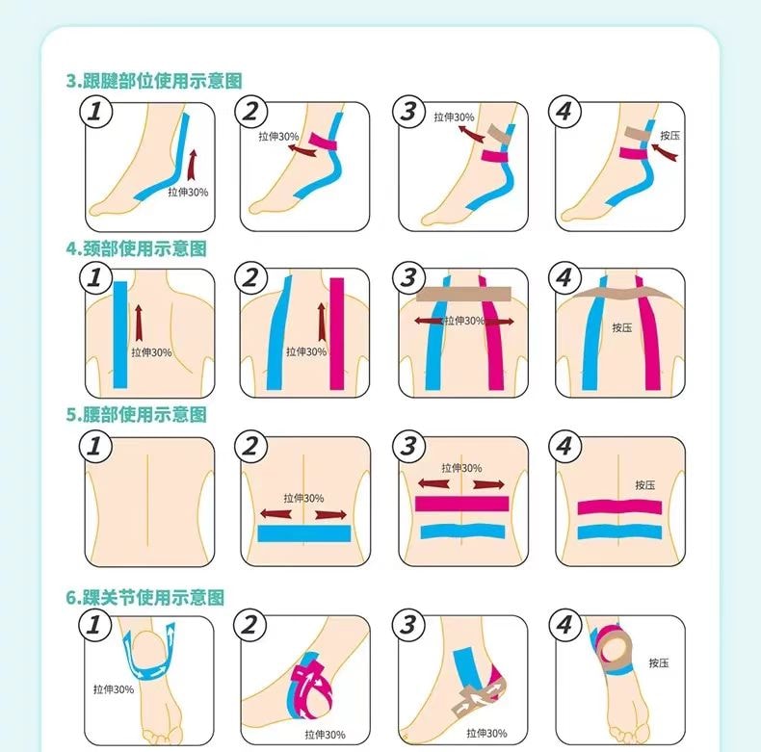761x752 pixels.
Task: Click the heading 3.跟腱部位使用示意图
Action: point(154,81)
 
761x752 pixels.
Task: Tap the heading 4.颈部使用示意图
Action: point(137,248)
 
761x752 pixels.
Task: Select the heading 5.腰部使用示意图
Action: point(137,414)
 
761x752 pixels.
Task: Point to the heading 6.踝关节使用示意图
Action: point(145,597)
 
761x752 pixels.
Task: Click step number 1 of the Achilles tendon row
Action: point(95,112)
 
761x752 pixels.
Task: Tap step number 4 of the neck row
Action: point(564,278)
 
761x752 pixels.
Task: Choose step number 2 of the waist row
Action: point(250,446)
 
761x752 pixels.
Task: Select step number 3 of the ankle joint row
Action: point(408,624)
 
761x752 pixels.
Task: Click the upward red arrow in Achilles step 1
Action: point(193,166)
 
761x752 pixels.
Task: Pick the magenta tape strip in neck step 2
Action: point(337,334)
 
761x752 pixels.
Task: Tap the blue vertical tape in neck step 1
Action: point(120,335)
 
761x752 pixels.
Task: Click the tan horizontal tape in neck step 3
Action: point(463,294)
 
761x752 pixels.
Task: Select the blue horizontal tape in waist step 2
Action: point(303,533)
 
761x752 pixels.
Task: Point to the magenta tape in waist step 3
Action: point(461,504)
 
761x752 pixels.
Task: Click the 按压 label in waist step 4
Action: point(645,485)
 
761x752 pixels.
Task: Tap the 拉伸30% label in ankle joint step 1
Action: point(114,689)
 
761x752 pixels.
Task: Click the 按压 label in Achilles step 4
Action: point(669,136)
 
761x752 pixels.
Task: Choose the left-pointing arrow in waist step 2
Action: point(276,514)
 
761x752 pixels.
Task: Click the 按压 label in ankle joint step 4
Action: point(659,662)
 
